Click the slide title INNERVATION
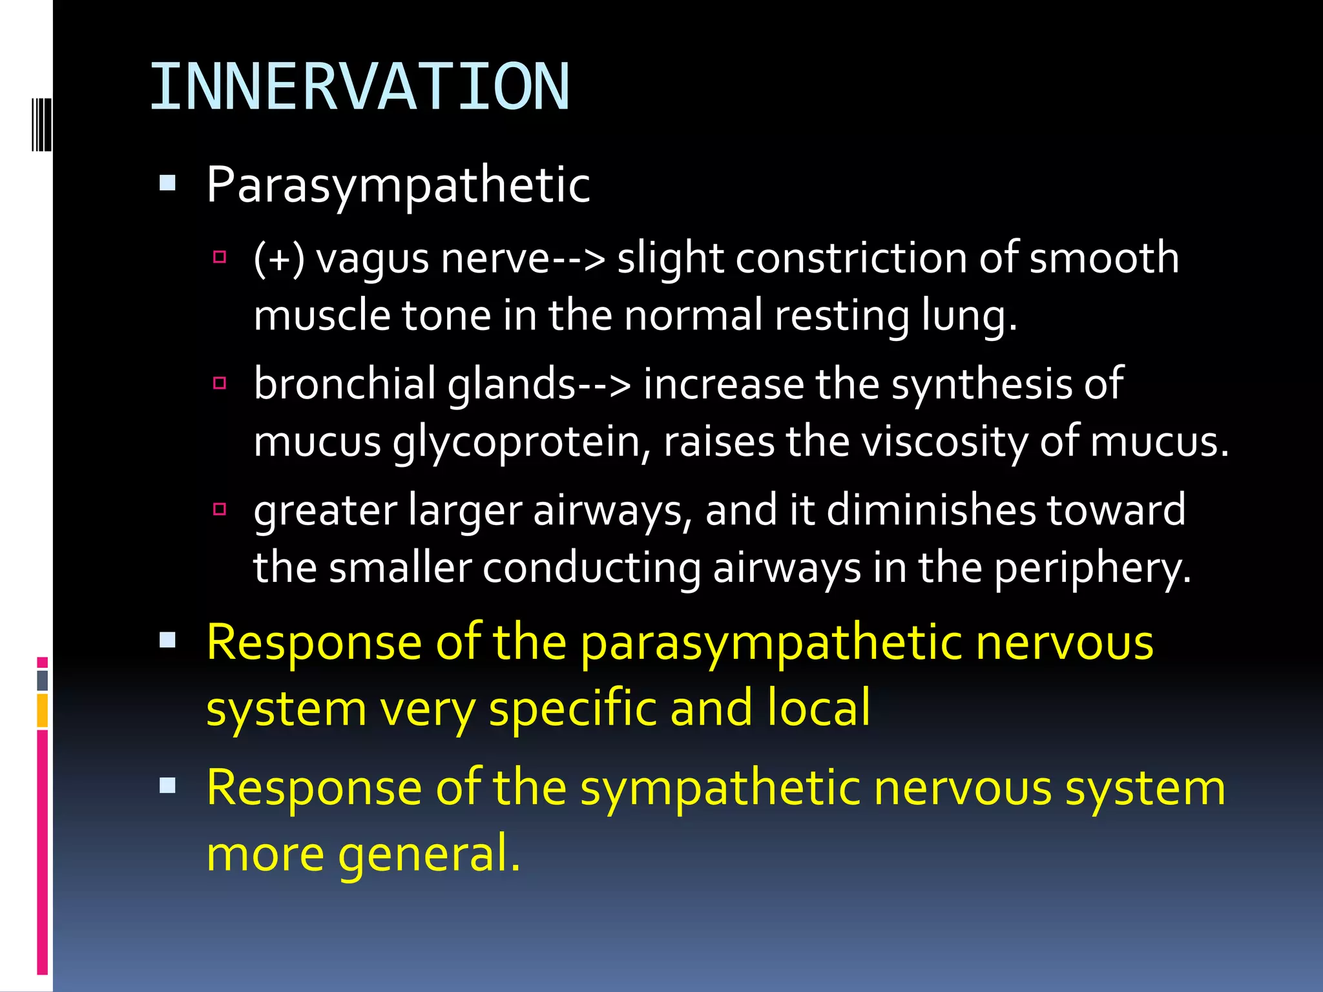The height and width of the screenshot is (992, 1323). click(x=359, y=87)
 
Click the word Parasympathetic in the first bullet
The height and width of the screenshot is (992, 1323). click(x=398, y=185)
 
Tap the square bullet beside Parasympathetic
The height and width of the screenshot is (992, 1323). click(x=167, y=183)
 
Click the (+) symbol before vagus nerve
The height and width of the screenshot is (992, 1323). click(x=279, y=258)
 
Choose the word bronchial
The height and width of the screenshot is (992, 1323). click(x=345, y=384)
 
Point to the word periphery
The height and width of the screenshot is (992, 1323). click(x=1092, y=568)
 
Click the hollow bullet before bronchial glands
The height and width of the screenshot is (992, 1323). click(x=220, y=384)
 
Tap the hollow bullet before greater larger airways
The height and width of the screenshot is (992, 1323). click(x=220, y=509)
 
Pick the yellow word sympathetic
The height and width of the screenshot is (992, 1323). click(x=720, y=789)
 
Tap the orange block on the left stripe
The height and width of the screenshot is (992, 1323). click(x=43, y=710)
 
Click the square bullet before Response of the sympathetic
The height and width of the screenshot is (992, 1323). click(x=167, y=786)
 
